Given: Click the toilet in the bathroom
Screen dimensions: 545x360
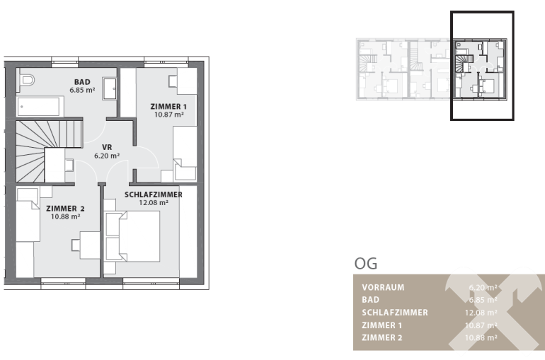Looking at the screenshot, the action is pyautogui.click(x=28, y=81).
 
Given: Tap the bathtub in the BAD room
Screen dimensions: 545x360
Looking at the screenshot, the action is pyautogui.click(x=39, y=106).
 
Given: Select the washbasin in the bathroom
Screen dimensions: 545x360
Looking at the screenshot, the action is pyautogui.click(x=110, y=89).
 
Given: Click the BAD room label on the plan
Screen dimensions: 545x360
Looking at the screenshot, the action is pyautogui.click(x=82, y=82).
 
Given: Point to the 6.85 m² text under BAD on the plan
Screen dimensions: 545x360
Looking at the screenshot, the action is pyautogui.click(x=82, y=91).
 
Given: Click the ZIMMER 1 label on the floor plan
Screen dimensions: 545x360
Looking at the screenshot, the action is pyautogui.click(x=168, y=107).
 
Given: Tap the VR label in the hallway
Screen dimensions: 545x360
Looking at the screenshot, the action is pyautogui.click(x=107, y=147).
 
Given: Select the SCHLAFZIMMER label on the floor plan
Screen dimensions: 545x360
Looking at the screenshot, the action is pyautogui.click(x=154, y=194).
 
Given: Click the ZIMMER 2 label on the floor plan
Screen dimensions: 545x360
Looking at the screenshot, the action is pyautogui.click(x=65, y=209).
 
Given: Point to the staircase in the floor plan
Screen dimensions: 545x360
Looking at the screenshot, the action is pyautogui.click(x=49, y=151).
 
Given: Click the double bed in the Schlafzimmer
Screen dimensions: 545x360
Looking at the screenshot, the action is pyautogui.click(x=133, y=236).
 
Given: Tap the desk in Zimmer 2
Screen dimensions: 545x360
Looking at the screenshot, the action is pyautogui.click(x=90, y=245).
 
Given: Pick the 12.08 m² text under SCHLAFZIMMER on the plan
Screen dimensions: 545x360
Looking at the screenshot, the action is pyautogui.click(x=154, y=203).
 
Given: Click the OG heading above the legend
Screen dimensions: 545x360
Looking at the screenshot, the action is pyautogui.click(x=366, y=264).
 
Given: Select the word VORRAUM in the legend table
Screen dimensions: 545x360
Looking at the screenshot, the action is pyautogui.click(x=383, y=287).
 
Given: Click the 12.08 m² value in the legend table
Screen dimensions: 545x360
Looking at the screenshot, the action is pyautogui.click(x=481, y=313).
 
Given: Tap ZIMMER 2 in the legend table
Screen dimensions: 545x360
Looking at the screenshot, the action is pyautogui.click(x=382, y=337).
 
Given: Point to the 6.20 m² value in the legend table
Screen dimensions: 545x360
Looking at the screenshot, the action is pyautogui.click(x=483, y=287).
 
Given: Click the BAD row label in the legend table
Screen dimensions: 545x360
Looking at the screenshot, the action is pyautogui.click(x=370, y=300).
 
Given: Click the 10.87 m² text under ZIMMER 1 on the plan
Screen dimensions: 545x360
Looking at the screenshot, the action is pyautogui.click(x=169, y=115).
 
